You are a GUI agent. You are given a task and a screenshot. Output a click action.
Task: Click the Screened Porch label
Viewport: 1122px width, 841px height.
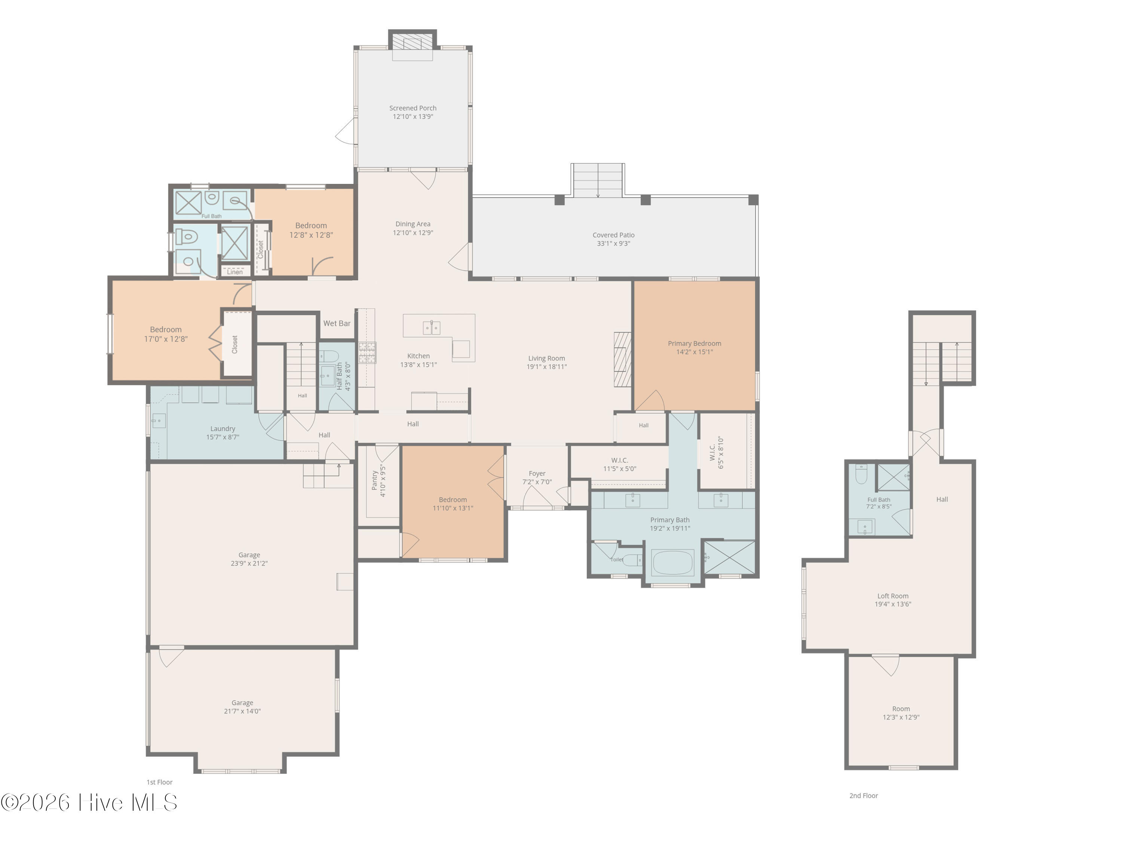click(413, 108)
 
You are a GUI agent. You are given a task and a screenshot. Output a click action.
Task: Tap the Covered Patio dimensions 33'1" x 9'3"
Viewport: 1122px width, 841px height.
click(613, 244)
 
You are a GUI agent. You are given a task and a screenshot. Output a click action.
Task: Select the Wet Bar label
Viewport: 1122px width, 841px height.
click(337, 323)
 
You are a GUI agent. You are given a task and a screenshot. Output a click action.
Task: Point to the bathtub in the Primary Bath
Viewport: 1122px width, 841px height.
click(672, 563)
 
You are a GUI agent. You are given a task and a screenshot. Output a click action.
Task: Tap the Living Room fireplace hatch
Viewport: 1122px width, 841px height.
click(622, 360)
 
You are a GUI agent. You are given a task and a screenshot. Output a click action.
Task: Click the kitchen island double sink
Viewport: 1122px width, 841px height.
click(432, 328)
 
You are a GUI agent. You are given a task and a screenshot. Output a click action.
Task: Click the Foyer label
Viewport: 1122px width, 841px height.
click(537, 474)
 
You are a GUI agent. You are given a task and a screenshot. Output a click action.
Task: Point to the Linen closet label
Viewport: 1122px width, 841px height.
click(235, 272)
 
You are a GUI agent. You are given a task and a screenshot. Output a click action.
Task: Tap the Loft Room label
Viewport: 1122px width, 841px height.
click(893, 596)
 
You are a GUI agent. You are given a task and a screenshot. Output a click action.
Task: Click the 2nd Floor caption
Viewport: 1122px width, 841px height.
click(863, 796)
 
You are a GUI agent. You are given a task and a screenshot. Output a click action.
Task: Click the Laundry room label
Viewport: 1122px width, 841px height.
click(223, 429)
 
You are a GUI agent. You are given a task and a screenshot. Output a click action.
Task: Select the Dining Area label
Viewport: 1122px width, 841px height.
click(413, 224)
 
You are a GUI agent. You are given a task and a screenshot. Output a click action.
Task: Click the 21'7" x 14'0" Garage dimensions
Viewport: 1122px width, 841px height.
click(242, 711)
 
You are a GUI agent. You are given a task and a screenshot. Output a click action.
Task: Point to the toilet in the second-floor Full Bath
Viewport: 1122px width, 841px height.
click(861, 474)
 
